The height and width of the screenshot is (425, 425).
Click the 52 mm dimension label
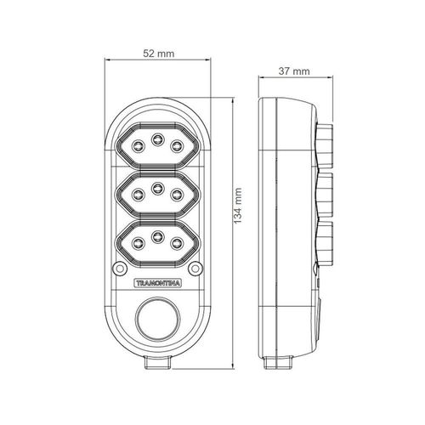click(158, 54)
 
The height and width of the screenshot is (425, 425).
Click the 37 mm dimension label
click(294, 71)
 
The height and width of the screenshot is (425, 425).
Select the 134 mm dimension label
click(238, 206)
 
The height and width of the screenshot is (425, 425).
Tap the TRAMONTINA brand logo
click(157, 283)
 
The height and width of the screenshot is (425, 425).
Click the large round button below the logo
click(158, 319)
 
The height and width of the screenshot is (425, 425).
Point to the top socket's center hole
click(157, 139)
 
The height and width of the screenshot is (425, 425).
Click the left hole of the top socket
click(139, 146)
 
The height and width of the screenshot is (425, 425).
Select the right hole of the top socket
click(177, 146)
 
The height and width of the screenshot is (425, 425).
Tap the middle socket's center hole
click(157, 187)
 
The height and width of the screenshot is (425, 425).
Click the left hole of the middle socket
click(139, 195)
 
